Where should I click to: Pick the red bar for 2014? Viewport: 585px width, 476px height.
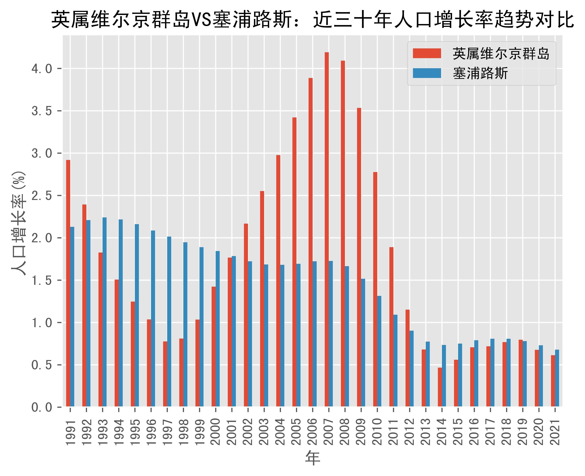pos(440,387)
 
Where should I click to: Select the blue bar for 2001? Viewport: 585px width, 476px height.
pos(234,331)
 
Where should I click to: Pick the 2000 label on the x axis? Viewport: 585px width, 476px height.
pos(216,432)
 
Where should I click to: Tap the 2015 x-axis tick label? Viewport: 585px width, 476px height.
pos(458,432)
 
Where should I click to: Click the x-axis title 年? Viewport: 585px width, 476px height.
pos(313,458)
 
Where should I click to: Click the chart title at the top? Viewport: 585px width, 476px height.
pos(313,20)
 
